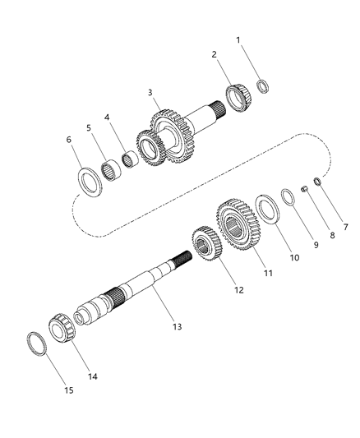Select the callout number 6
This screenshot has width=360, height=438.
click(x=70, y=140)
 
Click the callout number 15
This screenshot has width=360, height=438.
click(x=68, y=390)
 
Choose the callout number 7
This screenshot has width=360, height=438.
click(x=322, y=227)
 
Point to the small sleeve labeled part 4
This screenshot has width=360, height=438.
click(x=128, y=156)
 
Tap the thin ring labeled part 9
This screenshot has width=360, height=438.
click(x=286, y=196)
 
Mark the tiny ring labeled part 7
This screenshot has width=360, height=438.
click(x=316, y=182)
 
